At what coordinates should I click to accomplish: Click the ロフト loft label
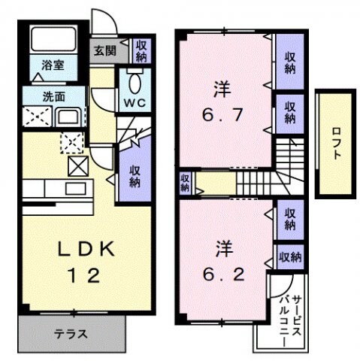pyautogui.click(x=335, y=144)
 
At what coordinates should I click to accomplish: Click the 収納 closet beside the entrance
pyautogui.click(x=141, y=51)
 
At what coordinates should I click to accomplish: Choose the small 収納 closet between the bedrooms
pyautogui.click(x=184, y=183)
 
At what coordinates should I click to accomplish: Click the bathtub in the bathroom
pyautogui.click(x=53, y=42)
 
